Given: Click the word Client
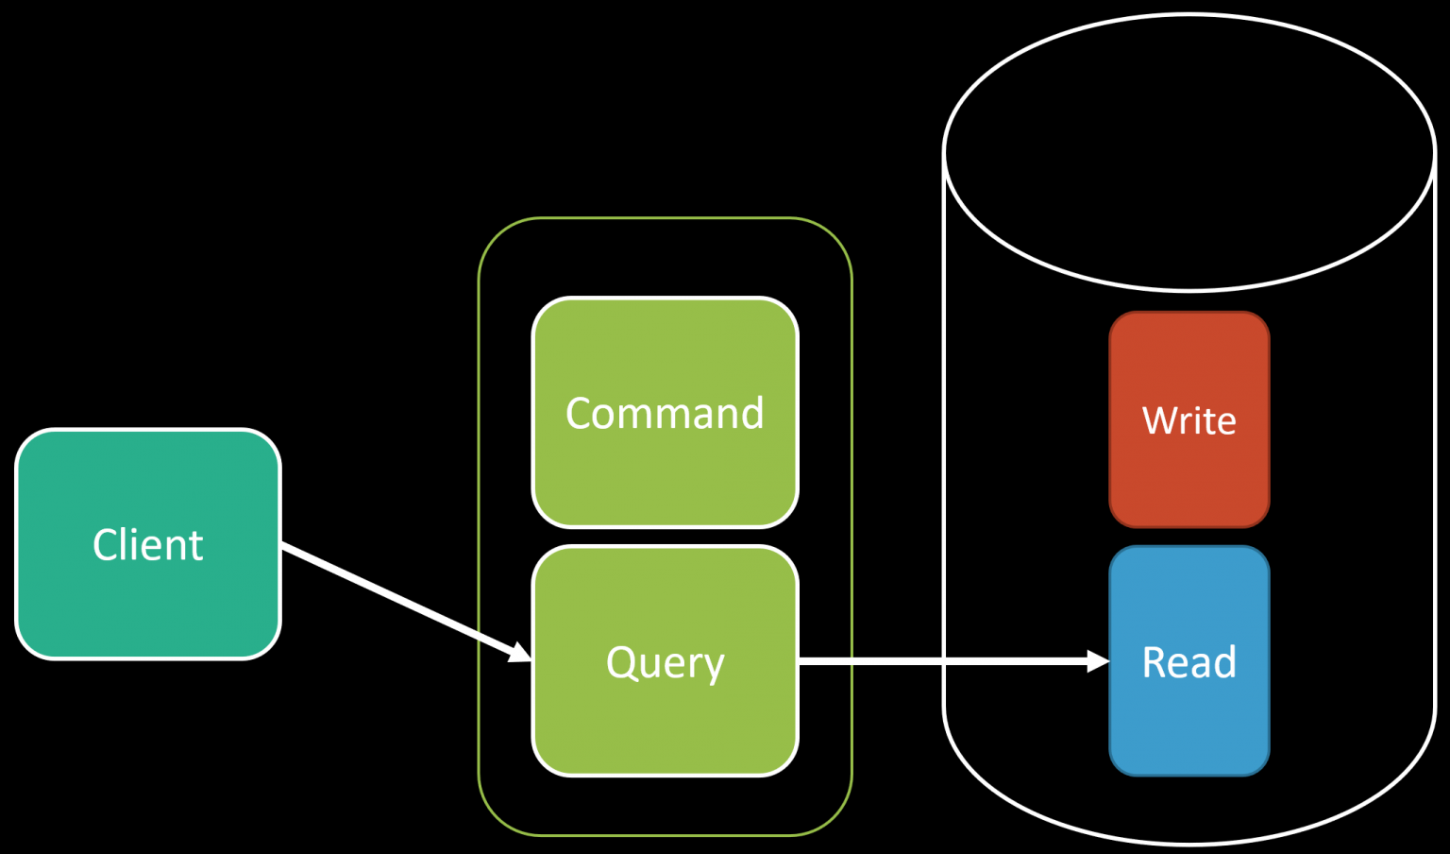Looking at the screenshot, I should (148, 545).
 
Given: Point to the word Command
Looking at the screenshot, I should (665, 414).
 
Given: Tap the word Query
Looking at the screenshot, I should (665, 663).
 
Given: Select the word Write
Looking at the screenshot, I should (1189, 420).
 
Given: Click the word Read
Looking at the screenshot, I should (1189, 662).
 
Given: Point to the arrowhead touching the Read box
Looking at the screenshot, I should (1098, 661).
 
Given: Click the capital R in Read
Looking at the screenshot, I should (1154, 662).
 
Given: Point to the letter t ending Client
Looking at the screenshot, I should (196, 546).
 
